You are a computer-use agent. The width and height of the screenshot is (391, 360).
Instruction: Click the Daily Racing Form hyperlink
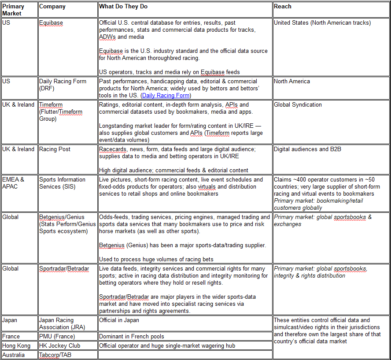click(166, 95)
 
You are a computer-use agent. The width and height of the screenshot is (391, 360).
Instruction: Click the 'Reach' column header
click(282, 7)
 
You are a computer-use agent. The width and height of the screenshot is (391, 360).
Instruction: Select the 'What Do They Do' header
click(123, 7)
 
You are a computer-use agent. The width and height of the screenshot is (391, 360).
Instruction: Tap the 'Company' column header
click(52, 7)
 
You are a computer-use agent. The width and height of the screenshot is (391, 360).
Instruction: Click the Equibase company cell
click(51, 23)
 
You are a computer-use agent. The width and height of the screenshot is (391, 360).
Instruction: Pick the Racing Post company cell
click(55, 149)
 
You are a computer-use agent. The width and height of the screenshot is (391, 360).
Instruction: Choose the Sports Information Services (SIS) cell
click(63, 183)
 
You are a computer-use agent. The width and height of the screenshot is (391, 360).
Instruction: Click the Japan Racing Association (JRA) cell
click(56, 323)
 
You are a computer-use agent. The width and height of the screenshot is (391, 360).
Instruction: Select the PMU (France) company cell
click(57, 337)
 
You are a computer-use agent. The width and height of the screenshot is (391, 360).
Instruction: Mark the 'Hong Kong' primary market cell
click(17, 346)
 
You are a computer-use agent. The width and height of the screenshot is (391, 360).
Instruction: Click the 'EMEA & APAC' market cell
click(13, 183)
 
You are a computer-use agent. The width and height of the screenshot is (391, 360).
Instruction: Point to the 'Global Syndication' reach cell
click(298, 105)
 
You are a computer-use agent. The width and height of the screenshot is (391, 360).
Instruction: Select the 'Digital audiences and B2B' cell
click(307, 149)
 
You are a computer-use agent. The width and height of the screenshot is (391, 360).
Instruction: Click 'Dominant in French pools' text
click(131, 337)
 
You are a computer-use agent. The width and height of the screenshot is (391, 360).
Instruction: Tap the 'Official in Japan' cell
click(119, 320)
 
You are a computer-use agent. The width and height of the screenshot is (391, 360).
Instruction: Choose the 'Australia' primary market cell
click(14, 355)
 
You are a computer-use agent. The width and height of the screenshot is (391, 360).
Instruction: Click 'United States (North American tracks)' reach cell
click(322, 23)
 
